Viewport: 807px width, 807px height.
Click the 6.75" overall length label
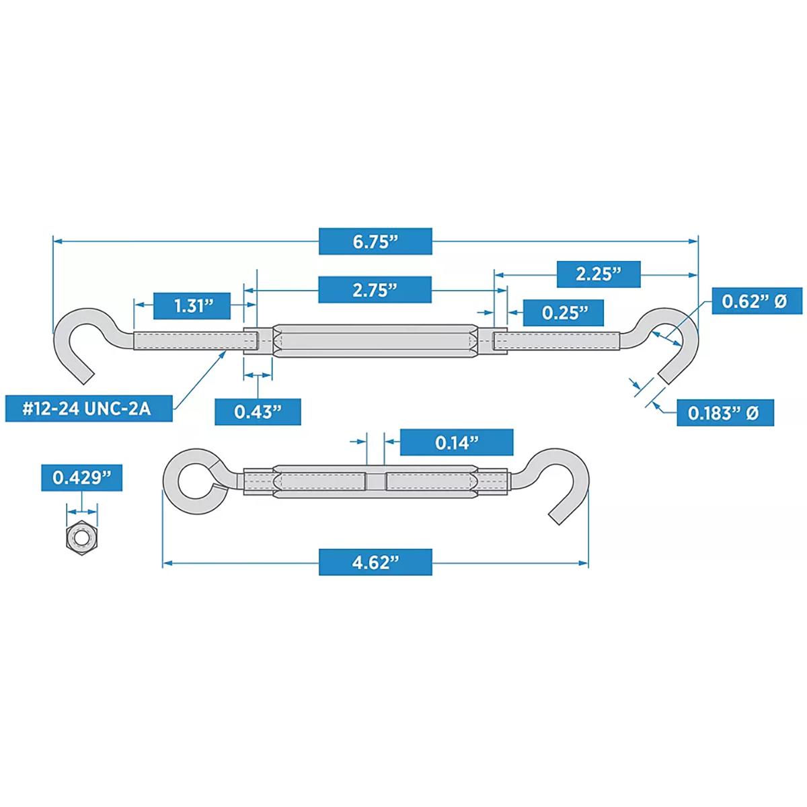[375, 242]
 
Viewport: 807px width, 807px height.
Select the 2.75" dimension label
[375, 290]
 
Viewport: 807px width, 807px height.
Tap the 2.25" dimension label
[598, 274]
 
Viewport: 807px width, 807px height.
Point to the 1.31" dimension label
[193, 305]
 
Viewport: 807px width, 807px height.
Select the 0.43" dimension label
[257, 412]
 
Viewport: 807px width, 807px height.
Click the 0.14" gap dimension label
[457, 442]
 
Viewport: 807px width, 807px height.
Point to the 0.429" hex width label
[82, 477]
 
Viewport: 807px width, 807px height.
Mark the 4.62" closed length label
[375, 562]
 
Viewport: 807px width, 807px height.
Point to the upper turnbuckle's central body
[375, 340]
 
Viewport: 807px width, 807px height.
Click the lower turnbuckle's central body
[375, 482]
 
